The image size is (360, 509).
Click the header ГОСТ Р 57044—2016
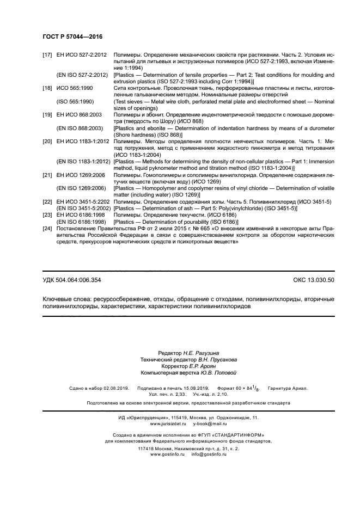point(72,36)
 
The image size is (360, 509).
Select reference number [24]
point(47,229)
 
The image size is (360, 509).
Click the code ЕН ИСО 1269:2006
point(81,175)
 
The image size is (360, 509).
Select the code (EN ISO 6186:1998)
point(82,222)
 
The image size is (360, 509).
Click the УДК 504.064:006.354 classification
point(71,280)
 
